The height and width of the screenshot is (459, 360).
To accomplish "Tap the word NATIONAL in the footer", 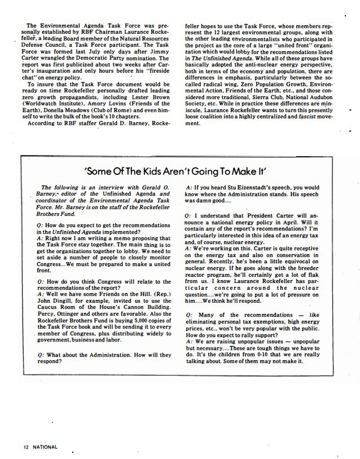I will pyautogui.click(x=45, y=447).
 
